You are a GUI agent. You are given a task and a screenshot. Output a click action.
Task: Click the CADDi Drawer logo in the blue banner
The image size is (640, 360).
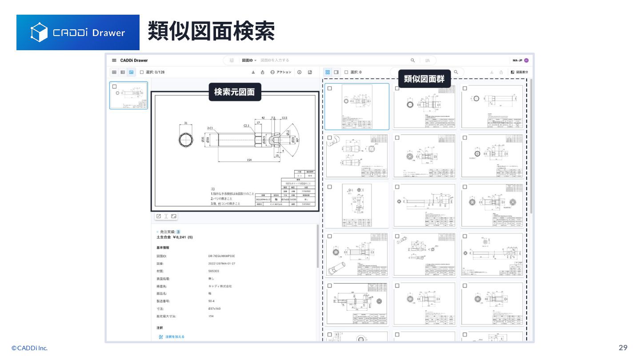click(x=78, y=32)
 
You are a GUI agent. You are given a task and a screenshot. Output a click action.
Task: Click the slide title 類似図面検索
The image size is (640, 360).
click(x=211, y=31)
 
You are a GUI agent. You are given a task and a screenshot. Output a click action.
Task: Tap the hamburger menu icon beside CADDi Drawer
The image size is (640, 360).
click(x=114, y=60)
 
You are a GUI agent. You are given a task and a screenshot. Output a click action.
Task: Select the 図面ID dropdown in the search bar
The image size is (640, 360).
click(x=249, y=60)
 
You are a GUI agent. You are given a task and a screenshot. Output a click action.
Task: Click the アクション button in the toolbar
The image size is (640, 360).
click(x=281, y=72)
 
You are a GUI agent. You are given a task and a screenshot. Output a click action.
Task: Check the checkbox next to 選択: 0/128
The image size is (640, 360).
click(x=142, y=72)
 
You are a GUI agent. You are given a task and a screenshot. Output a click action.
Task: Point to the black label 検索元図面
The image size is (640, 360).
click(x=235, y=92)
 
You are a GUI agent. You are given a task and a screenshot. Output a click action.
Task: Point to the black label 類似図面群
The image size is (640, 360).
click(x=424, y=79)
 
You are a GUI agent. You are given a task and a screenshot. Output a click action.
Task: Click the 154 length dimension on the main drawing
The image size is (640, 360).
click(x=249, y=160)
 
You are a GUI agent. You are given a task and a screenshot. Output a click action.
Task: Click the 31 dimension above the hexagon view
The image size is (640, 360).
click(x=186, y=123)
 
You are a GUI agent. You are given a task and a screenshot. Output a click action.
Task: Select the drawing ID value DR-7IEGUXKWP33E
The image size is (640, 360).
click(x=221, y=256)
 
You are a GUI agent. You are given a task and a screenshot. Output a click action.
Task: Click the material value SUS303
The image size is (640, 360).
click(x=213, y=271)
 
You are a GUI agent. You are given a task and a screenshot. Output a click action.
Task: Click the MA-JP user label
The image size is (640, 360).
click(x=517, y=60)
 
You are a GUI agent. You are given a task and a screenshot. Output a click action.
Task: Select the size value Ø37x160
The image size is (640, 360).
click(x=214, y=308)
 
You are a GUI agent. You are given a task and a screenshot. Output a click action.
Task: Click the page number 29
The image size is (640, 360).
click(x=623, y=348)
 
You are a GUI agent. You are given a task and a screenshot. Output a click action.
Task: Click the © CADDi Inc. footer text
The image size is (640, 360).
click(x=29, y=348)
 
